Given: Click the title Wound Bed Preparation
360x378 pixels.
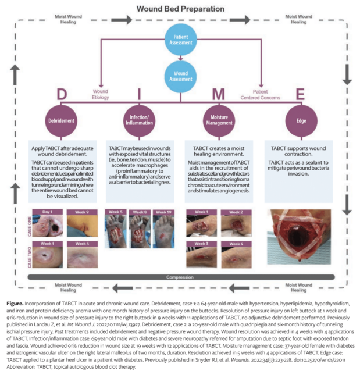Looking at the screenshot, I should click(180, 9).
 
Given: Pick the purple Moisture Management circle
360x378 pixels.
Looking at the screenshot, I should click(218, 120).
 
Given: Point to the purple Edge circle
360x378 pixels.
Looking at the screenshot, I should click(298, 120).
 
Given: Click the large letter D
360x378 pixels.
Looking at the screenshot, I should click(60, 94).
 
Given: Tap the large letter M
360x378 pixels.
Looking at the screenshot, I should click(218, 94).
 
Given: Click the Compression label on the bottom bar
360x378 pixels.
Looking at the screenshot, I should click(179, 277).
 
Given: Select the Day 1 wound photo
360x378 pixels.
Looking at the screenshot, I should click(49, 223).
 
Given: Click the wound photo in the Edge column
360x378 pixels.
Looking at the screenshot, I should click(298, 240).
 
